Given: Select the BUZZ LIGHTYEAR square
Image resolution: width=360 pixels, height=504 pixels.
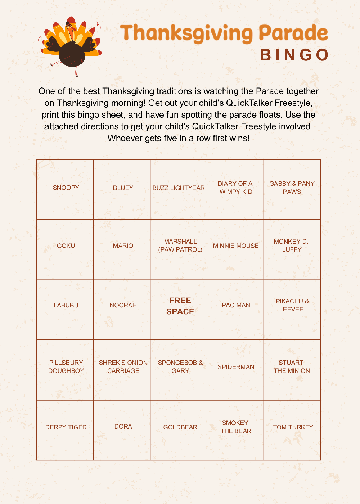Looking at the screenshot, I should [x=179, y=189].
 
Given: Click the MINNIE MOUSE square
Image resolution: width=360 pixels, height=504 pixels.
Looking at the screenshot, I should [x=235, y=249].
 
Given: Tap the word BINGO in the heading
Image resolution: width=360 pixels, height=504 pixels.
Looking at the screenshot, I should [x=294, y=55].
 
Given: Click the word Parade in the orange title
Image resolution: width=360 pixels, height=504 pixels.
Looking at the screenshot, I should [x=293, y=33].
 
